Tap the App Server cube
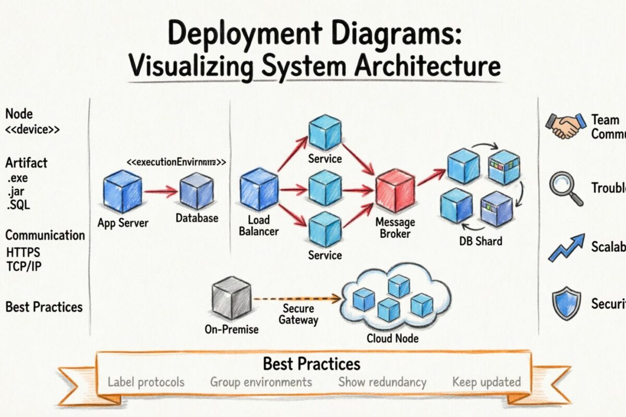pyautogui.click(x=123, y=191)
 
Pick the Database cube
pyautogui.click(x=196, y=191)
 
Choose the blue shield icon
pyautogui.click(x=566, y=304)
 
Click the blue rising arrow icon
pyautogui.click(x=566, y=247)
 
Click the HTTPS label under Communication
pyautogui.click(x=23, y=253)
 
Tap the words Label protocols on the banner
pyautogui.click(x=146, y=382)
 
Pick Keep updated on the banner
pyautogui.click(x=486, y=382)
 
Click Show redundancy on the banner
pyautogui.click(x=382, y=382)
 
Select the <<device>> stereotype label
pyautogui.click(x=32, y=130)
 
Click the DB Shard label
pyautogui.click(x=480, y=241)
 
